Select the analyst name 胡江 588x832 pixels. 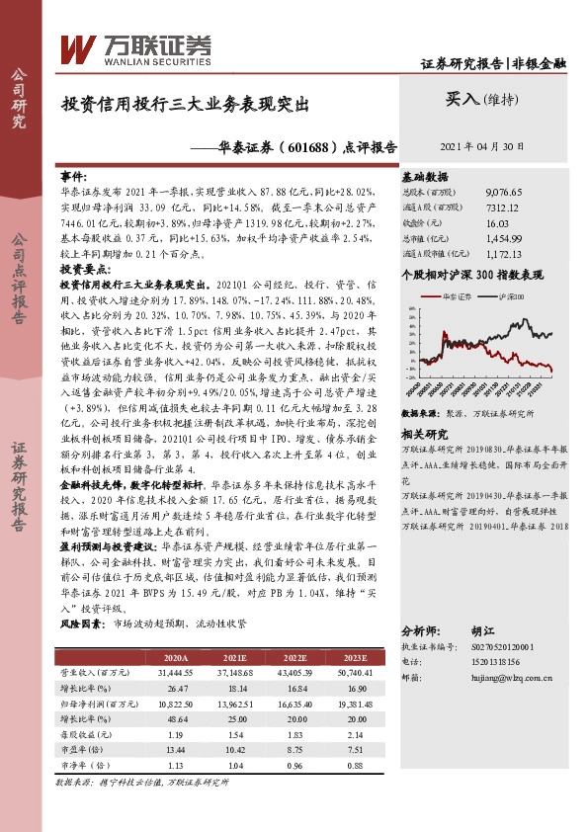coord(483,629)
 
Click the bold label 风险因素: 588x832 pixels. coord(83,624)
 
